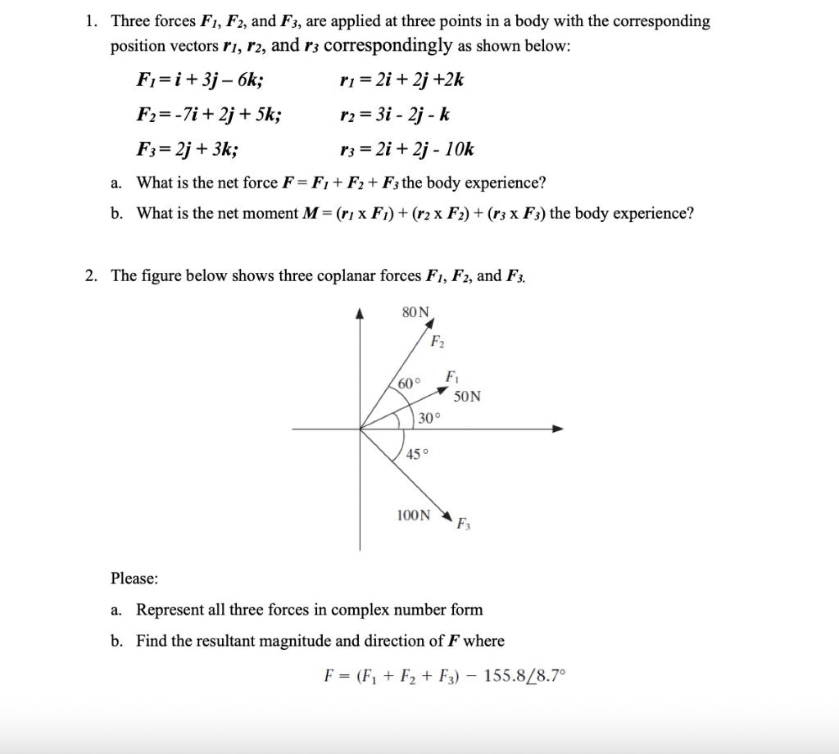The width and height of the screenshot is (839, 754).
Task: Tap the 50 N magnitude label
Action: click(x=467, y=397)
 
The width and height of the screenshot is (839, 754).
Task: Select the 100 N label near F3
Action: click(x=412, y=516)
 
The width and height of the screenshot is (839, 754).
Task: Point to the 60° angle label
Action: click(x=409, y=384)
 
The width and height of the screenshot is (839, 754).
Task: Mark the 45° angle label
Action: click(x=418, y=454)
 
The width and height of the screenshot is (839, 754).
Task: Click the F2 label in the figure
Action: click(x=438, y=341)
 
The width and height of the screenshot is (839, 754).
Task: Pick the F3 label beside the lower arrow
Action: click(x=463, y=523)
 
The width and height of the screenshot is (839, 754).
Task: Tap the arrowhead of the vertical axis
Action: click(x=360, y=313)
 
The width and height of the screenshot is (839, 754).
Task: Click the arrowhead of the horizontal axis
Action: click(x=558, y=429)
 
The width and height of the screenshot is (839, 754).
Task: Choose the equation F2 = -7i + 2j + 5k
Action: click(x=210, y=114)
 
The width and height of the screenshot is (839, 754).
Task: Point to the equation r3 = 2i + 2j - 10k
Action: click(x=406, y=148)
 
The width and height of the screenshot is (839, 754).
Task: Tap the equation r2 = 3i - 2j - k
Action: click(x=394, y=114)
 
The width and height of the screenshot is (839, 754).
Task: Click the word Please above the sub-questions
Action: click(x=134, y=579)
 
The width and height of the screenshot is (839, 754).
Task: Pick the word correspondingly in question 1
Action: click(x=388, y=45)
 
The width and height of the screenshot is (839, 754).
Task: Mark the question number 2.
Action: click(x=91, y=275)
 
